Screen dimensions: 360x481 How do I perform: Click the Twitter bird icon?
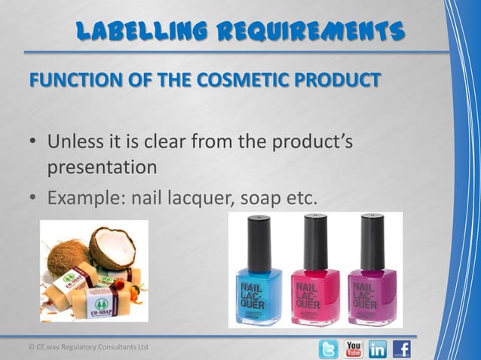point(328,349)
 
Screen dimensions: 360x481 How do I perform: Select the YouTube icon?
point(354,349)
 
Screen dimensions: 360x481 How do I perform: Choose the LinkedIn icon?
point(378,349)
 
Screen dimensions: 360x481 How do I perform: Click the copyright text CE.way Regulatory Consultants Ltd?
point(84,346)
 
